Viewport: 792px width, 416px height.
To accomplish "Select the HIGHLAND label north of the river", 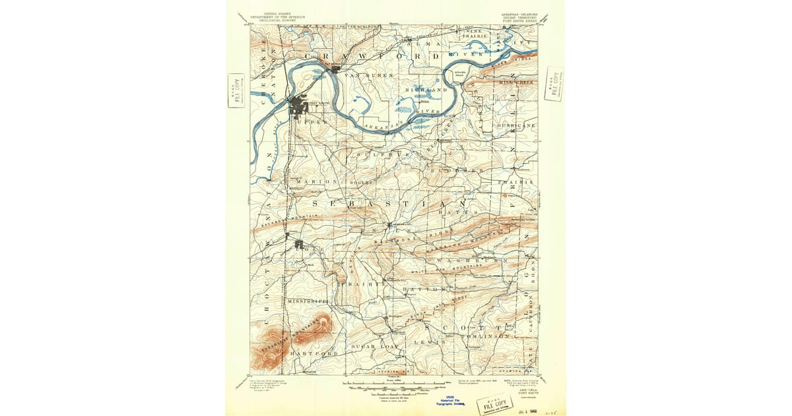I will tap(427, 89).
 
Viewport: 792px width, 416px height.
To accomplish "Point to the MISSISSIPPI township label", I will tap(308, 300).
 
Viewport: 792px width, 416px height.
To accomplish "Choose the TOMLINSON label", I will tap(486, 337).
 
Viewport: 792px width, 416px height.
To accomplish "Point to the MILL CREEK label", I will tap(515, 82).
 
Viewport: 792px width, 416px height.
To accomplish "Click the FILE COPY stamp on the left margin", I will tap(236, 90).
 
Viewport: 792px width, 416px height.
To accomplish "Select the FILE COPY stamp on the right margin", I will tap(554, 83).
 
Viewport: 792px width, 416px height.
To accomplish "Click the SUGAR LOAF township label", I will tap(372, 347).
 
